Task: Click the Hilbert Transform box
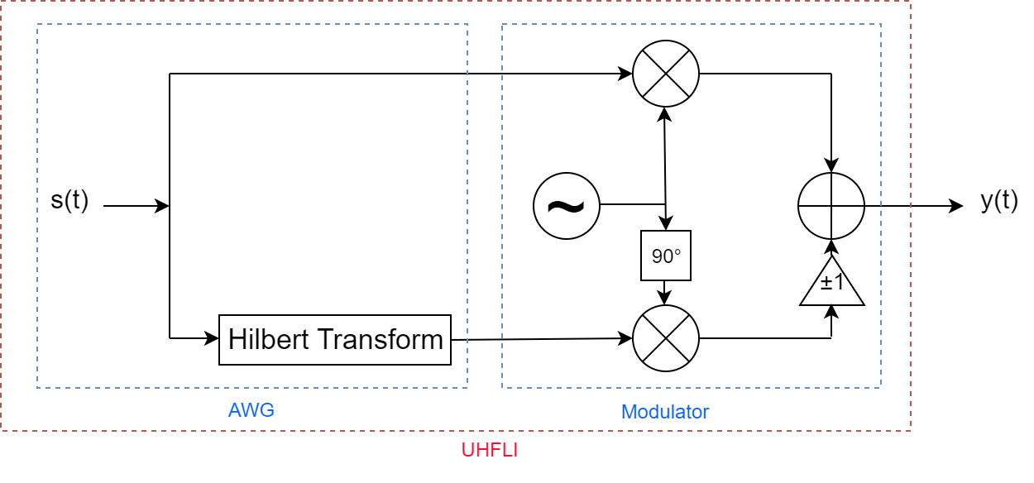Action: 334,339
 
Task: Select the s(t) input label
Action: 69,201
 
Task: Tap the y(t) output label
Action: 999,201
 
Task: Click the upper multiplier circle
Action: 666,74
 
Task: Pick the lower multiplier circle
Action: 666,338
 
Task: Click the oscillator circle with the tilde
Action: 567,205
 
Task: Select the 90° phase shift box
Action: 666,256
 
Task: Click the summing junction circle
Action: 831,206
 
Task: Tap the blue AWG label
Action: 251,410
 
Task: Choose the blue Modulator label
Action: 665,412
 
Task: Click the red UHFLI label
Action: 489,451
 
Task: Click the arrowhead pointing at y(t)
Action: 956,206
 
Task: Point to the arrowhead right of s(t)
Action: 162,206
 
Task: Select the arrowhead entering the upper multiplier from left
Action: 625,74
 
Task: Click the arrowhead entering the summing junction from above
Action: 831,165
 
